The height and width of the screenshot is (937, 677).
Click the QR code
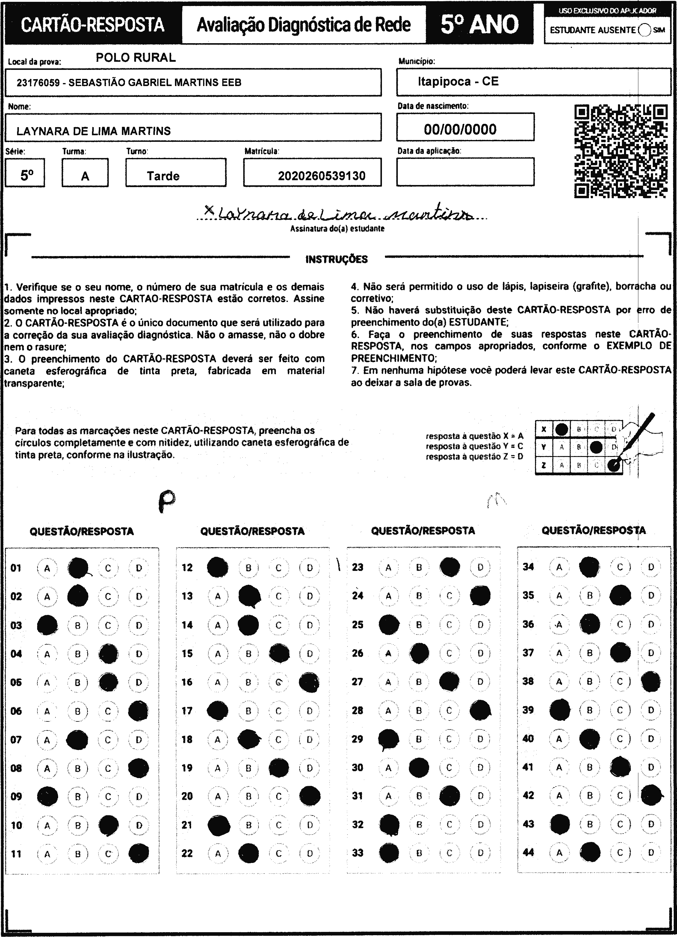point(621,151)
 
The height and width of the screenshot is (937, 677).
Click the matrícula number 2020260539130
point(322,176)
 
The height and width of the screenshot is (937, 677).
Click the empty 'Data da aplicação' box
point(465,172)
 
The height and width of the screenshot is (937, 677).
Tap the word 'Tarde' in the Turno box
point(163,176)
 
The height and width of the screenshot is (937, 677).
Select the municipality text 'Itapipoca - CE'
point(458,81)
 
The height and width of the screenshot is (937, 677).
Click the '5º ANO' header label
point(479,24)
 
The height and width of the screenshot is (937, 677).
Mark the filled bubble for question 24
point(480,596)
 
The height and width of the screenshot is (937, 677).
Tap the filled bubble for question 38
point(651,681)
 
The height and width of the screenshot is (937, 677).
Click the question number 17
point(187,711)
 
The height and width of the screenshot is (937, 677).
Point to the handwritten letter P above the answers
point(166,501)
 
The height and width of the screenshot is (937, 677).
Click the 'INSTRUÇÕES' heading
point(336,259)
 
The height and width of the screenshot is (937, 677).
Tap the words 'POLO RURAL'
point(136,58)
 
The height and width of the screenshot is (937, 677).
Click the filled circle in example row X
point(561,429)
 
